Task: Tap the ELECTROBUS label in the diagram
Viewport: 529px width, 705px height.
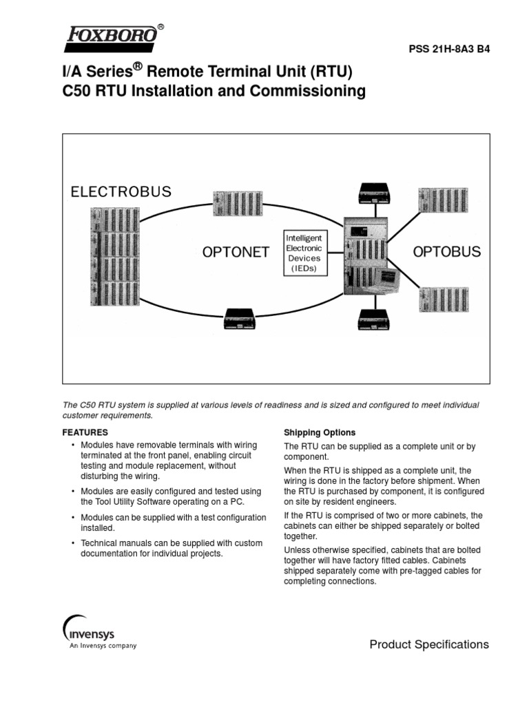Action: coord(121,191)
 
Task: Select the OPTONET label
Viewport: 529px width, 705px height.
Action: coord(236,253)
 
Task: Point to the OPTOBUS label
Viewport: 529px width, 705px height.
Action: coord(446,252)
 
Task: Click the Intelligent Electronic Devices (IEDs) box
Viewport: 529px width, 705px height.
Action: coord(304,253)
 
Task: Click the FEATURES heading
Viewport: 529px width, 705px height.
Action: coord(85,432)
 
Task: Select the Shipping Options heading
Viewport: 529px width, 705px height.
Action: coord(320,432)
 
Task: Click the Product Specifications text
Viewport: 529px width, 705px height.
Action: coord(429,644)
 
